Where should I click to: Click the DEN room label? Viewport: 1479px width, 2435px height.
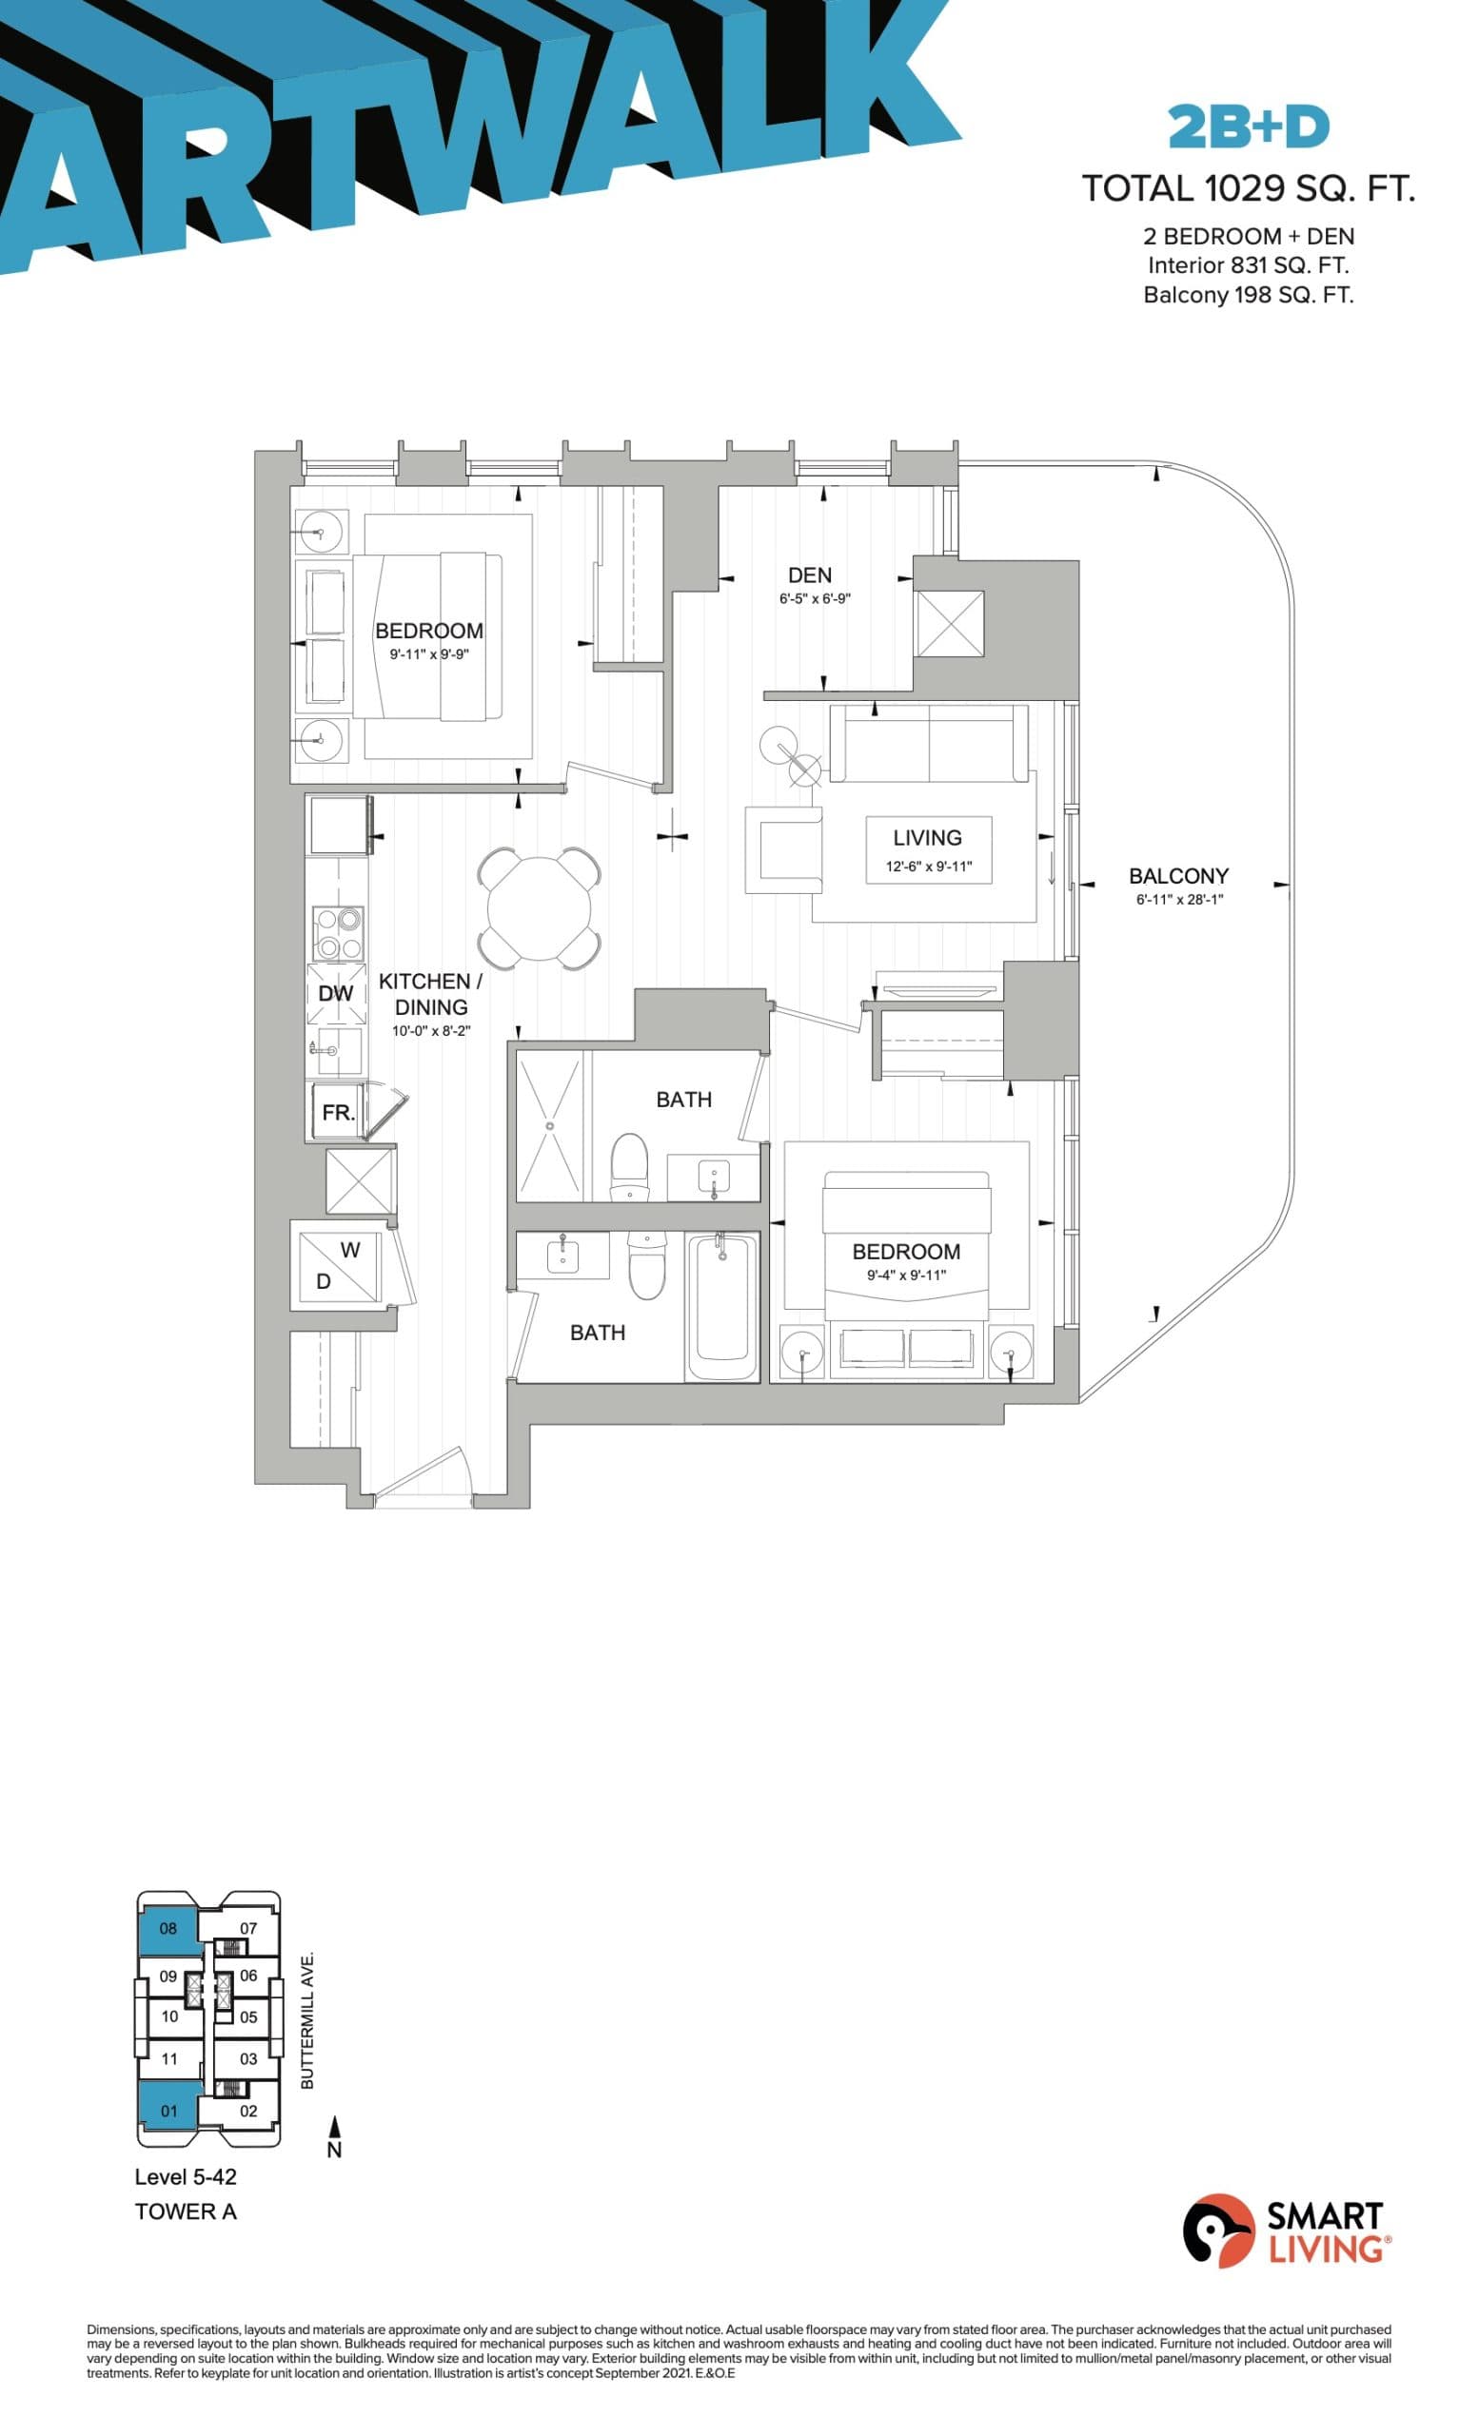809,575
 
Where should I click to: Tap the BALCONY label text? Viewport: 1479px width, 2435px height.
1177,876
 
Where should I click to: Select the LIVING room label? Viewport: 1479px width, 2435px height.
926,837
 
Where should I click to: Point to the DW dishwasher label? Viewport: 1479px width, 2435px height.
335,993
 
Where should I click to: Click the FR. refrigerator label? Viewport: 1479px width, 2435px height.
337,1112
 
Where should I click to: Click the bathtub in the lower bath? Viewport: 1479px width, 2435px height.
721,1304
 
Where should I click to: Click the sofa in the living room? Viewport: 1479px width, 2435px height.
927,743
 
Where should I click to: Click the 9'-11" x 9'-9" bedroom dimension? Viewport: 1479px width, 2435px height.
428,654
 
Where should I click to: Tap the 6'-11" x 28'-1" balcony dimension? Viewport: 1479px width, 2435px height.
1178,899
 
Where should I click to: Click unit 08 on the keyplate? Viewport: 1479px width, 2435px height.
168,1927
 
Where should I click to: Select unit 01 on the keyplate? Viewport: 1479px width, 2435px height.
168,2110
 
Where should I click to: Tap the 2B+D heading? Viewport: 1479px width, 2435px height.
1248,127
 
